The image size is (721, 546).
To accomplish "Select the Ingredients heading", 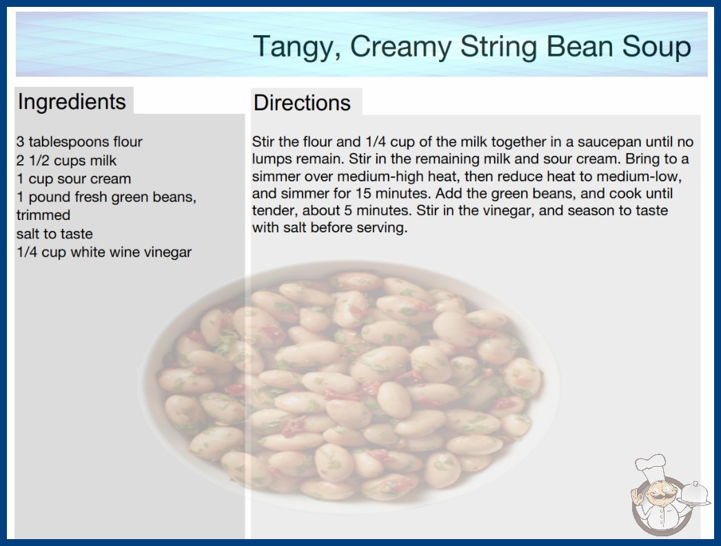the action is tap(72, 102).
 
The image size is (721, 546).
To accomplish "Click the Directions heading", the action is tap(302, 103).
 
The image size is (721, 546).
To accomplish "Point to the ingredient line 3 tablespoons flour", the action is tap(79, 142).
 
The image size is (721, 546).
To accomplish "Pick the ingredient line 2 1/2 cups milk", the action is tap(66, 161).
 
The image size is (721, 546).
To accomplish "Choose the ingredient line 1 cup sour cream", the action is tap(74, 179).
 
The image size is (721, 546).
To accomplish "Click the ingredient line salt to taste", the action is tap(54, 234).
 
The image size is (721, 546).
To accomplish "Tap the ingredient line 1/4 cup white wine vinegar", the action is tap(104, 252).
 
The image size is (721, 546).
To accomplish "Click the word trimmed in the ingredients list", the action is tap(43, 215).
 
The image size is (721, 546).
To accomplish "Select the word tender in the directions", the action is tap(269, 211).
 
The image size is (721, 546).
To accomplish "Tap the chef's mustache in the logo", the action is tap(659, 498).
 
